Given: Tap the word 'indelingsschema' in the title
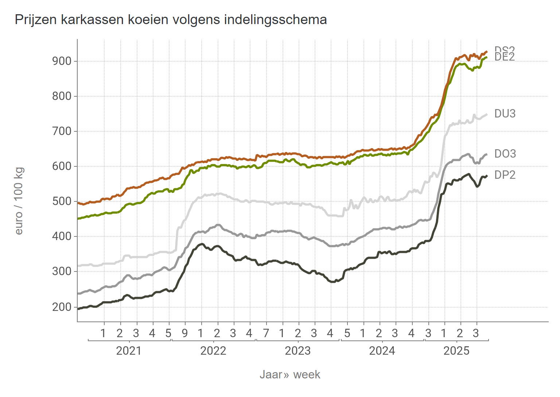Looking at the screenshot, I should coord(275,20).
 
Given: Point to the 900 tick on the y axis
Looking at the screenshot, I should coord(62,61).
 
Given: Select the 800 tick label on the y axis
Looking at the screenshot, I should coord(62,96).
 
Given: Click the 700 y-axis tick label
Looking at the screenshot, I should coord(62,131).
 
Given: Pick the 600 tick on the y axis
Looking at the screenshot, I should coord(62,166).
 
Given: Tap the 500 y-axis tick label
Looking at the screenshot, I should coord(62,201).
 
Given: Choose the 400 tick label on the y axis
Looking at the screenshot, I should coord(62,236).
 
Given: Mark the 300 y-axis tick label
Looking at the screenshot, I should coord(62,271).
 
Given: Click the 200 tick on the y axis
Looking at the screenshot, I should coord(62,307).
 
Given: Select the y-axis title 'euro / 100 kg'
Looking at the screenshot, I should coord(19,201).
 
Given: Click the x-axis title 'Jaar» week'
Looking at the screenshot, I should coord(290,375).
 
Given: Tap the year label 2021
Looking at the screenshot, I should coord(128,351).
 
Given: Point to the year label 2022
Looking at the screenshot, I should coord(213,351).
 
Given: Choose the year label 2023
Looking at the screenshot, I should coord(297,351).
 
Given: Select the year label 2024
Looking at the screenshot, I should coord(382,351).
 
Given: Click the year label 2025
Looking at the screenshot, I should coord(456,351).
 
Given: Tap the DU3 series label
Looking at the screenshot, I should coord(505,114).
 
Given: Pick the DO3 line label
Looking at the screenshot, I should coord(505,154).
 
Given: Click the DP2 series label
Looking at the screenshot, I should coord(505,175).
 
